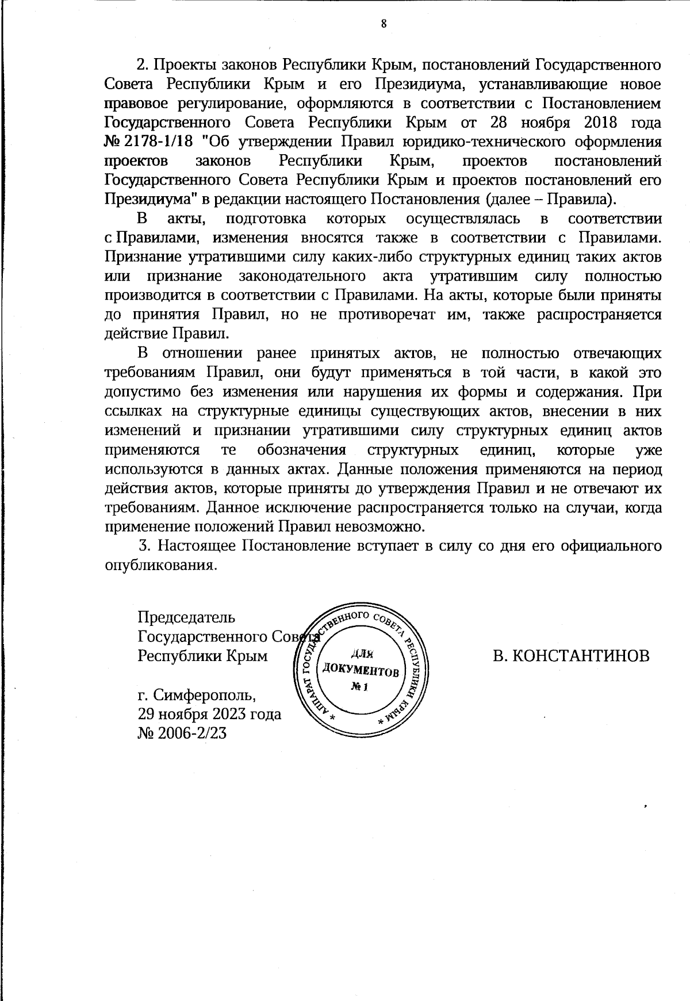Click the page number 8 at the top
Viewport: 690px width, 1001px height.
click(x=384, y=24)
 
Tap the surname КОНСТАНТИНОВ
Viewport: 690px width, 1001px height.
click(x=580, y=656)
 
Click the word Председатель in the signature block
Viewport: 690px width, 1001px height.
click(x=186, y=617)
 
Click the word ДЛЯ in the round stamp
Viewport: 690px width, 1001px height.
click(x=362, y=653)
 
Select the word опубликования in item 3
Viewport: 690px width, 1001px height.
click(x=160, y=565)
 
